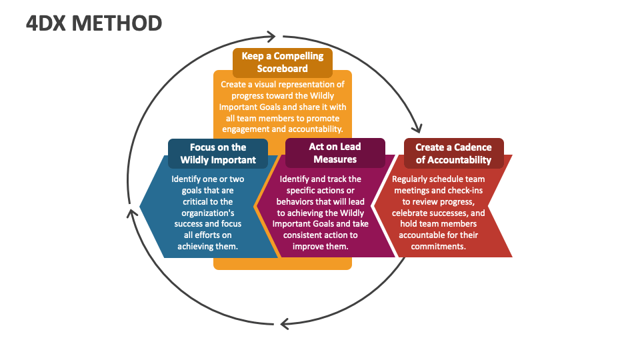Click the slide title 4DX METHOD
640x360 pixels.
94,23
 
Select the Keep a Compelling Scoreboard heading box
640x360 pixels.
283,62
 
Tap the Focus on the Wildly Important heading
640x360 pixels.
218,153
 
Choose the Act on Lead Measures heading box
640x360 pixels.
335,153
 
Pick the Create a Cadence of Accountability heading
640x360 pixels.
453,153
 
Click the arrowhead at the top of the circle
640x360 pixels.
271,36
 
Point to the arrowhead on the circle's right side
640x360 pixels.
418,127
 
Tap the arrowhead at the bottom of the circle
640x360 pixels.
284,324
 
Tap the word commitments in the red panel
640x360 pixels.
437,246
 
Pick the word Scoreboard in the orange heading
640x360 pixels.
283,68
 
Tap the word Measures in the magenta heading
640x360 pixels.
335,159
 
